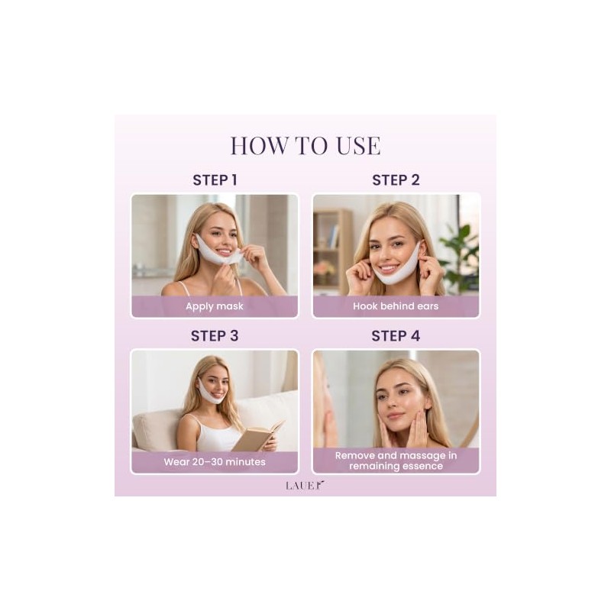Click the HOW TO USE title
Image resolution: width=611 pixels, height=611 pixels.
[305, 146]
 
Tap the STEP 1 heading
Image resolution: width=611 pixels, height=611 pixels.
[215, 180]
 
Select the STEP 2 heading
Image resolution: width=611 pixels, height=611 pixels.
[396, 180]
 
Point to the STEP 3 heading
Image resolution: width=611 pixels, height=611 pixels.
[215, 336]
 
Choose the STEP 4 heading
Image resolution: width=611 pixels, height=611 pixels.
[396, 336]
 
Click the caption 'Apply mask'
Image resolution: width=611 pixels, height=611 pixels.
[215, 306]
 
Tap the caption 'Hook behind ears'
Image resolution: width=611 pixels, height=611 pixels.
[396, 306]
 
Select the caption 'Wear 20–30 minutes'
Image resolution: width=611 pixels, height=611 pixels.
[215, 462]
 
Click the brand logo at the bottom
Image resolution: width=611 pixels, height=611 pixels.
[305, 485]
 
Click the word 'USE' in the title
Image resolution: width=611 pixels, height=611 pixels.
[358, 146]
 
